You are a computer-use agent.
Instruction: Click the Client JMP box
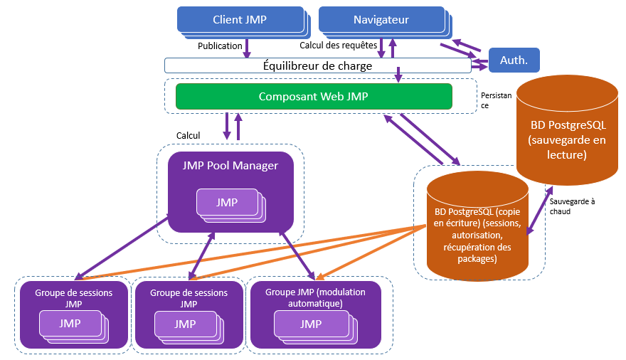(239, 20)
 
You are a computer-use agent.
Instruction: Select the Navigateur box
(381, 20)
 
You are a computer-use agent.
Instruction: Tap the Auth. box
(514, 60)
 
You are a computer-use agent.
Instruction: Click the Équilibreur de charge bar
(318, 65)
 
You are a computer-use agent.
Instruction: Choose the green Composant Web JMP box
(314, 97)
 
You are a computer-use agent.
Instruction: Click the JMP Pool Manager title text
(230, 166)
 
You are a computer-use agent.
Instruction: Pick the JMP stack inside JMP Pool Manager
(228, 203)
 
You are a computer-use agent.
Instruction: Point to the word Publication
(220, 46)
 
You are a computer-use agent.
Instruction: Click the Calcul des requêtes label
(338, 46)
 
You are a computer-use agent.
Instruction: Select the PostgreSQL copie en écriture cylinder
(477, 228)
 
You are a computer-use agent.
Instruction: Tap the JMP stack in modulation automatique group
(312, 325)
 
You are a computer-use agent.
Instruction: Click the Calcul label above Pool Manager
(188, 135)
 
